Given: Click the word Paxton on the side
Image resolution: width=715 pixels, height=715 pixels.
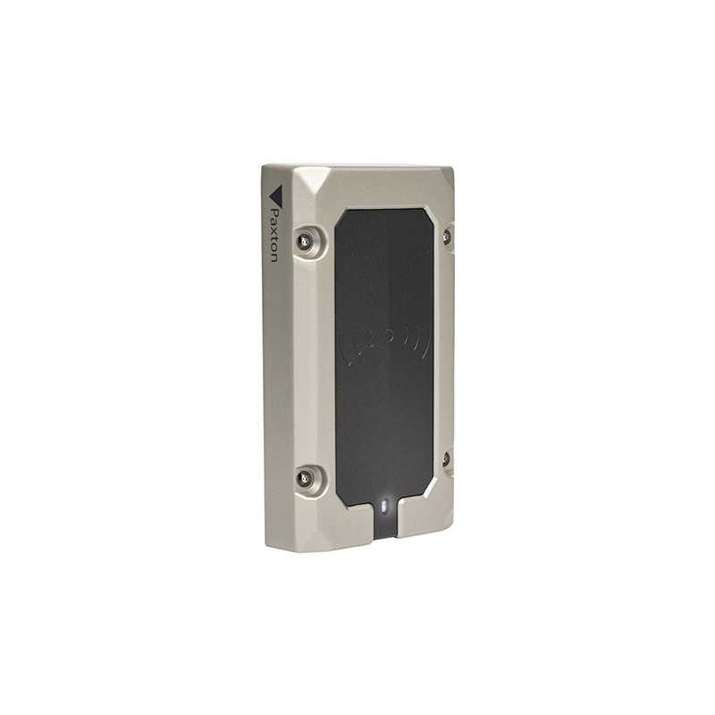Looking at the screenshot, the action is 274,235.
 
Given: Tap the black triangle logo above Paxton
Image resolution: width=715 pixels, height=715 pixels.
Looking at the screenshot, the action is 276,195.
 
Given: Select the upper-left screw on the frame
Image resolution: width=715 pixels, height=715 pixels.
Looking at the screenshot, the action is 303,240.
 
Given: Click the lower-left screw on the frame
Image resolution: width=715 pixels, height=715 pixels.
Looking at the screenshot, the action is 302,478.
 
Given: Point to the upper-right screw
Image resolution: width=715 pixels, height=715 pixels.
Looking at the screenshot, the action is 446,236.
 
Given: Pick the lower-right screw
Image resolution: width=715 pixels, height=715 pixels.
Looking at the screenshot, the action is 446,458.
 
